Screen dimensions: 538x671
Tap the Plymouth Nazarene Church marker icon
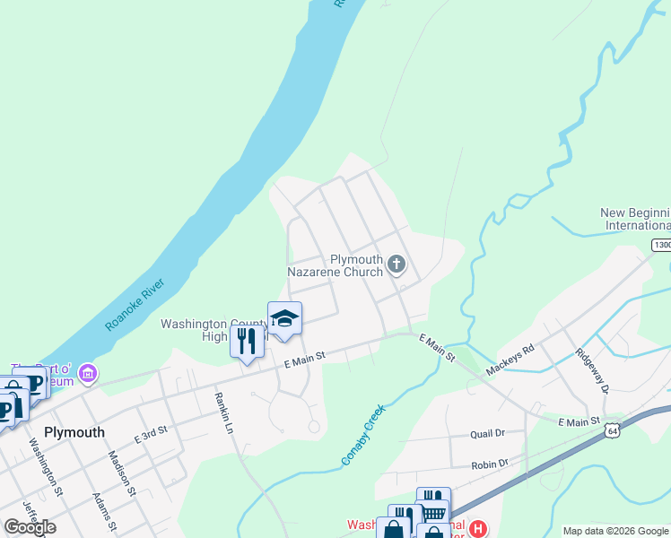pos(396,264)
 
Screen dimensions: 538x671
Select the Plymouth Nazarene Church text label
pos(336,265)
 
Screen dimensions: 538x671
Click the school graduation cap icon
pos(284,319)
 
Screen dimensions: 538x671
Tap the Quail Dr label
pos(489,433)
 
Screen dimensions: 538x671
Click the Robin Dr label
pos(490,464)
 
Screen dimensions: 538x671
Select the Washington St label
pos(46,466)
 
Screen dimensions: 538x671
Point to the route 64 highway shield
pos(612,431)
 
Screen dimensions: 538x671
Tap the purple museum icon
pos(87,371)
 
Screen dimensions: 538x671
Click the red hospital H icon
pos(478,529)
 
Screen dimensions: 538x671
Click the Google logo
pos(30,527)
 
